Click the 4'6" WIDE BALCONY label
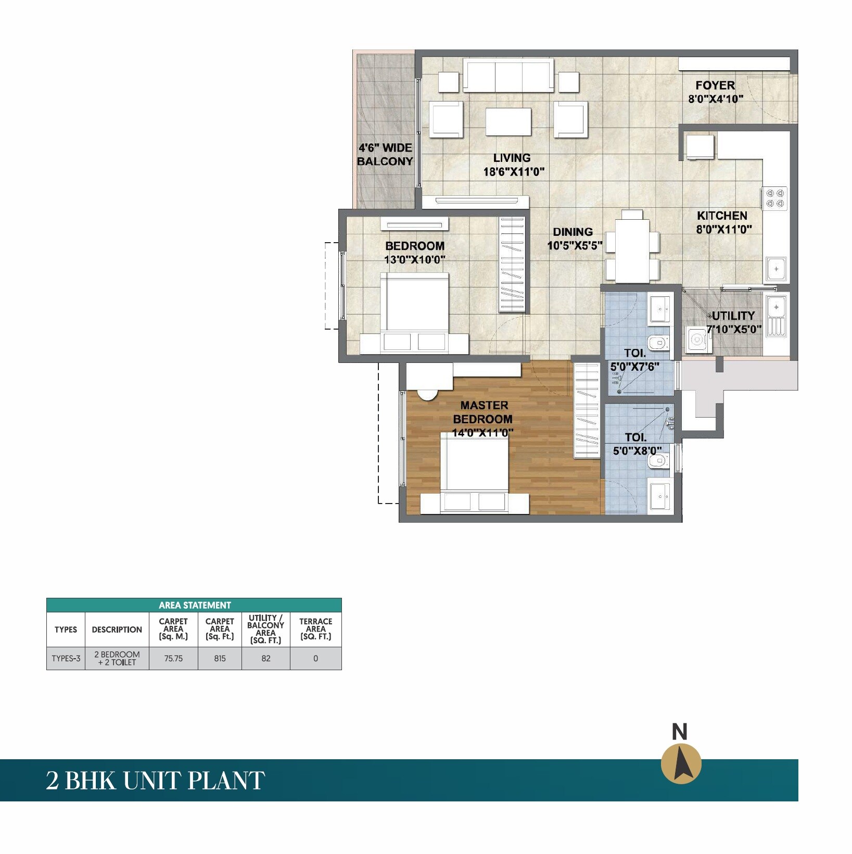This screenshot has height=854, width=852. (385, 155)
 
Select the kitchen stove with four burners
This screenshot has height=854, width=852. (775, 198)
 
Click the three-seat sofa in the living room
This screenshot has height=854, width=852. (508, 76)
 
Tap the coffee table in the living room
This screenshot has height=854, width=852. (508, 121)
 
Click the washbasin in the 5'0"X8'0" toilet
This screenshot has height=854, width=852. (660, 497)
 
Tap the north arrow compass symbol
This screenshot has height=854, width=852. (681, 764)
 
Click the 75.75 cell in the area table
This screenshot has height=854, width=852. (173, 658)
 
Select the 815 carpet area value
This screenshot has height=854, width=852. (220, 658)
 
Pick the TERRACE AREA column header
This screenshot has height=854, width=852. (315, 629)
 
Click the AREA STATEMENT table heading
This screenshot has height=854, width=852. (195, 605)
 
